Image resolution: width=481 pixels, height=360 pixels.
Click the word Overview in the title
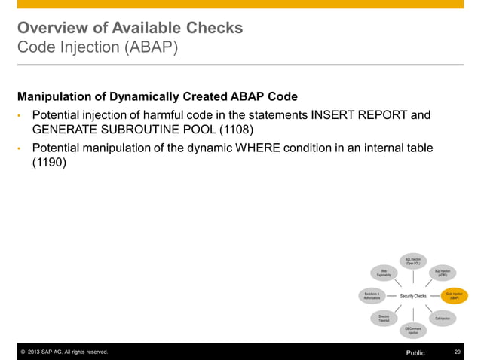pyautogui.click(x=52, y=29)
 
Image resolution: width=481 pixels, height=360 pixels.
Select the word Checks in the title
pyautogui.click(x=213, y=29)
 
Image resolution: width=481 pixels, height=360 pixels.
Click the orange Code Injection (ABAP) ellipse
pyautogui.click(x=454, y=296)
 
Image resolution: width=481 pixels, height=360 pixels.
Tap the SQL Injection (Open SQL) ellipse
pyautogui.click(x=413, y=261)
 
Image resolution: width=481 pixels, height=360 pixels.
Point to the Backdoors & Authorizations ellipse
pyautogui.click(x=372, y=296)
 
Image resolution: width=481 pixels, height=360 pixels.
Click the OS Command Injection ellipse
pyautogui.click(x=413, y=330)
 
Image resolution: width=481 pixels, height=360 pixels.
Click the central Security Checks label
pyautogui.click(x=413, y=296)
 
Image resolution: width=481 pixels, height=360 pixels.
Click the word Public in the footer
pyautogui.click(x=415, y=352)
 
